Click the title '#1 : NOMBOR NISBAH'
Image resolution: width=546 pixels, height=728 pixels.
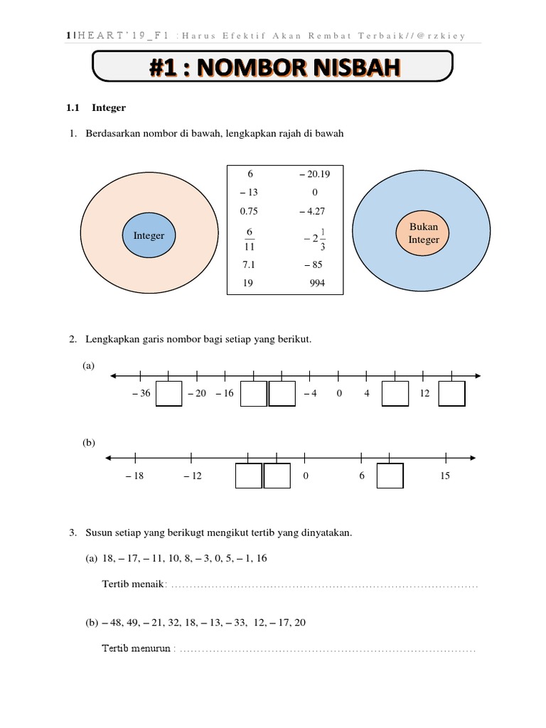tap(274, 69)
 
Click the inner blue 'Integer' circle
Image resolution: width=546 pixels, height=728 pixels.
tap(149, 235)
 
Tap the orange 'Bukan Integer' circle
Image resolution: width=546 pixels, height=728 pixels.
tap(424, 233)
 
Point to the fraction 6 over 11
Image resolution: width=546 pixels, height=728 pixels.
tap(250, 240)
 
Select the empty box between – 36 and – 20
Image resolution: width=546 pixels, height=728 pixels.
tap(168, 394)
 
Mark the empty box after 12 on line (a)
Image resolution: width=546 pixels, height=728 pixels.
tap(451, 394)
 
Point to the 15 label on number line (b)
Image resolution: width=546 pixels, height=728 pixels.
tap(444, 476)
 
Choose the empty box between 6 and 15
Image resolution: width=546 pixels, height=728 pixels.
tap(390, 476)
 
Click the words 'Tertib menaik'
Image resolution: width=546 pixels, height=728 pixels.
tap(133, 584)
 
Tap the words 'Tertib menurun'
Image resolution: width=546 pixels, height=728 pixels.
tap(136, 648)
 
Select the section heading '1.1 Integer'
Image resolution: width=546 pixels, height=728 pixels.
tap(96, 108)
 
